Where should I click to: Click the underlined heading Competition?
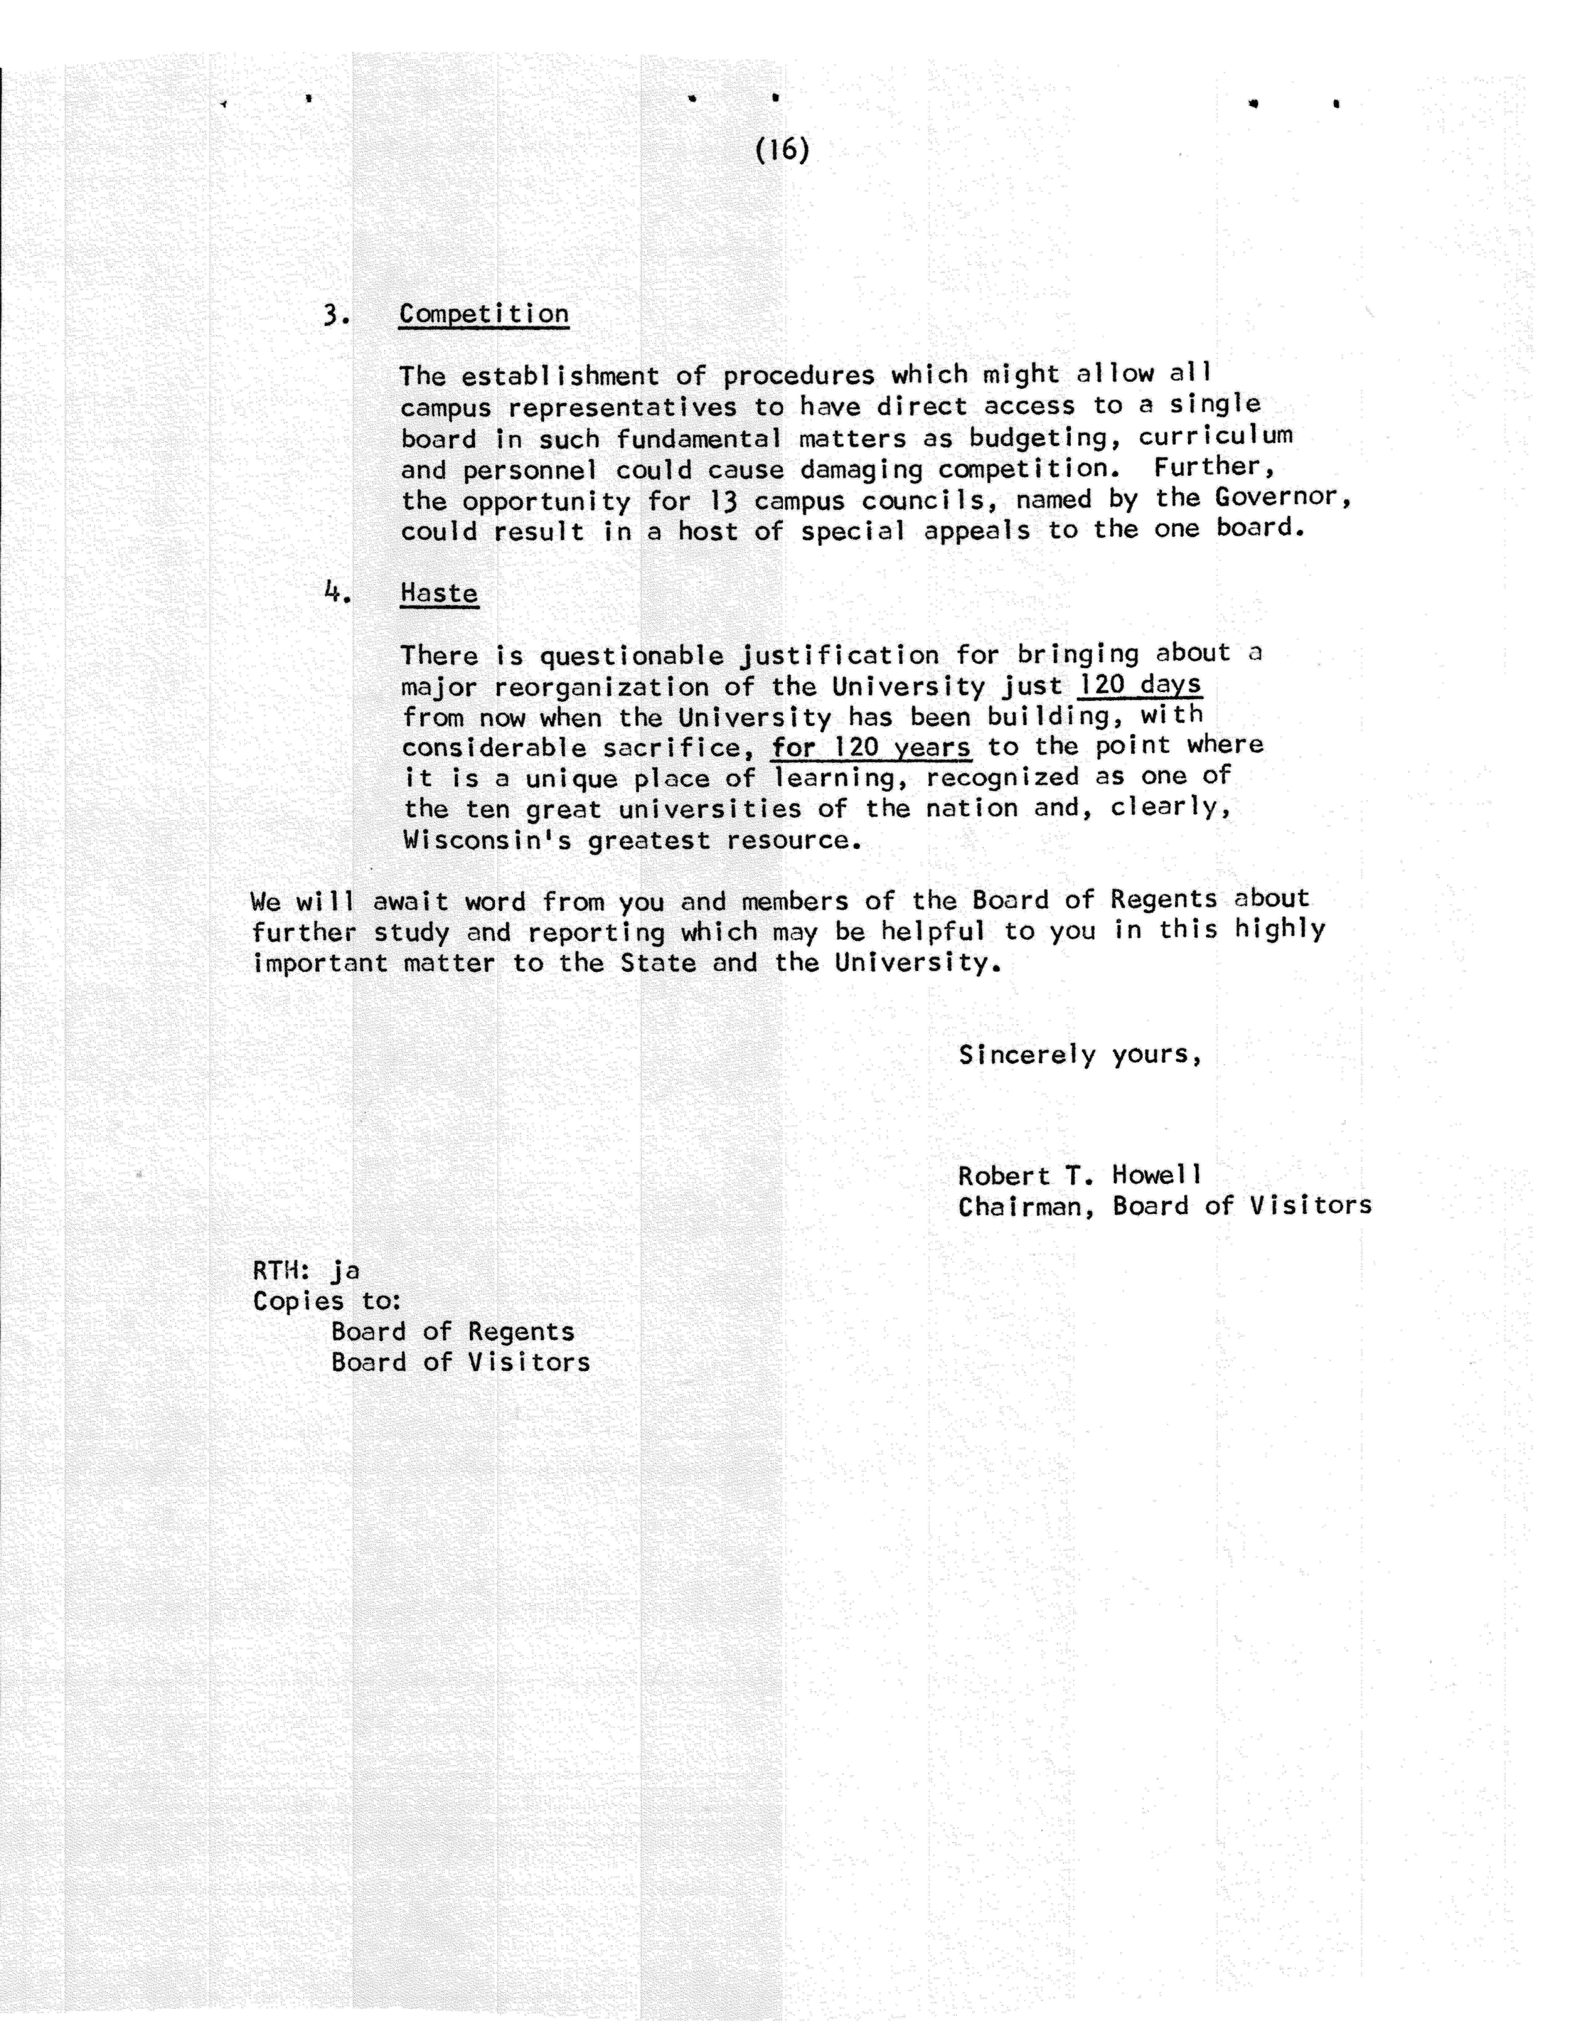[483, 314]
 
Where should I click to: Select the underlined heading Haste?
[439, 593]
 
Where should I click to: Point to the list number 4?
[337, 592]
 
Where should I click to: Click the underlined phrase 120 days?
[1140, 685]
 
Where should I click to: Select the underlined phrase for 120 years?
[871, 748]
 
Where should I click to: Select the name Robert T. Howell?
[1079, 1176]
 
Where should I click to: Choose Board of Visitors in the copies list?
[460, 1362]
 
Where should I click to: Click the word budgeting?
[1037, 437]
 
